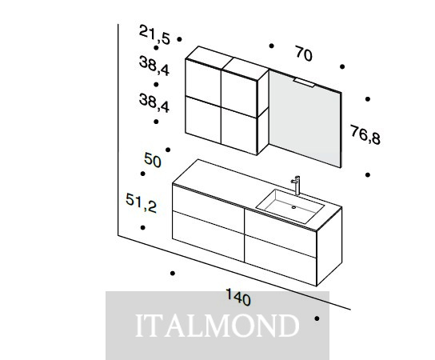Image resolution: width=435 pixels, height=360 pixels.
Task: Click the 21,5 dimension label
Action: click(154, 34)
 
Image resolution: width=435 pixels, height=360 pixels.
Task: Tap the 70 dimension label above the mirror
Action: click(304, 54)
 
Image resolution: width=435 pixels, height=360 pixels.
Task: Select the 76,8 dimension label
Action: click(365, 135)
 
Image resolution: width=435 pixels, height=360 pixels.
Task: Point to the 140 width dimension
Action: click(238, 297)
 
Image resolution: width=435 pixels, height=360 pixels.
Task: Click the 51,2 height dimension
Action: click(142, 203)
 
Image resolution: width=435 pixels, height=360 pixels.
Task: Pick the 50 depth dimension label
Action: click(152, 160)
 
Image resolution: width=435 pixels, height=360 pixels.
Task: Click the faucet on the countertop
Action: click(296, 185)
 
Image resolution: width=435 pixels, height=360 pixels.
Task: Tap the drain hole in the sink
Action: click(293, 207)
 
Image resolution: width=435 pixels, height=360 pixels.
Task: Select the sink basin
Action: click(290, 206)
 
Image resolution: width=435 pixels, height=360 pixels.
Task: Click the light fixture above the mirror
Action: click(305, 82)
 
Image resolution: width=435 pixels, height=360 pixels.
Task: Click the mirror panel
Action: click(305, 118)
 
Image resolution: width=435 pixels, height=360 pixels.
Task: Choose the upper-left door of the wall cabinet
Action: click(203, 78)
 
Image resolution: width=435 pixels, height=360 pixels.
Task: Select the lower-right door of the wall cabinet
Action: click(239, 130)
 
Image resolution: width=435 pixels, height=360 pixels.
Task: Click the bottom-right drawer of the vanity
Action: click(281, 260)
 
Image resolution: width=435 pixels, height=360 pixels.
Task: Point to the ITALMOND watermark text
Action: click(217, 326)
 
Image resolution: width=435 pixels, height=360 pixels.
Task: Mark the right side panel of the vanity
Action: click(329, 246)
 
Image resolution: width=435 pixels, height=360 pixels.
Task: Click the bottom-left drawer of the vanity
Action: click(209, 236)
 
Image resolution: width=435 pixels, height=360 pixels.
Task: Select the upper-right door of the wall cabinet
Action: click(239, 93)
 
